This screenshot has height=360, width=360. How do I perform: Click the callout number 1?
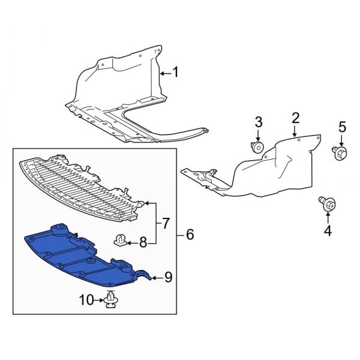pyautogui.click(x=175, y=72)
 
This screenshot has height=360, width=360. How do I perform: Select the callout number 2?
pyautogui.click(x=295, y=118)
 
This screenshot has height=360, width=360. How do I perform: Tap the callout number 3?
pyautogui.click(x=259, y=122)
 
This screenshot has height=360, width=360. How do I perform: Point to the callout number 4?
pyautogui.click(x=328, y=231)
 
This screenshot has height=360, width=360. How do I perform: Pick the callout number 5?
pyautogui.click(x=342, y=127)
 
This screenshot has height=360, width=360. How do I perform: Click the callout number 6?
pyautogui.click(x=190, y=235)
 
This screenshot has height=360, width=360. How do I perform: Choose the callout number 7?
pyautogui.click(x=166, y=223)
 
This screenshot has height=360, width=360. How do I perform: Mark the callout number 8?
pyautogui.click(x=143, y=242)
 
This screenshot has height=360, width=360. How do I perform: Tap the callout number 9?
pyautogui.click(x=168, y=277)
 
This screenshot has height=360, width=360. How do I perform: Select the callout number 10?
pyautogui.click(x=86, y=300)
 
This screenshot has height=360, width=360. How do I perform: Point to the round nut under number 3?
pyautogui.click(x=257, y=147)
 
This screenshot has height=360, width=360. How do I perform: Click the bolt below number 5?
pyautogui.click(x=340, y=153)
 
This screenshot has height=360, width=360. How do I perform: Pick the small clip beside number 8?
pyautogui.click(x=121, y=240)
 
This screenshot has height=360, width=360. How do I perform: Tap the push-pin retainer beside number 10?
pyautogui.click(x=111, y=299)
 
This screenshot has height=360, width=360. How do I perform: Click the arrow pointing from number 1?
pyautogui.click(x=166, y=73)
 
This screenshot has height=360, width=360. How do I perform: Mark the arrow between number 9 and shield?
pyautogui.click(x=157, y=278)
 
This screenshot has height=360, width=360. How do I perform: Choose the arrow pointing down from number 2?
pyautogui.click(x=295, y=131)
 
